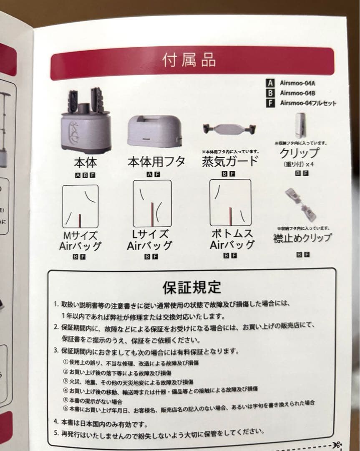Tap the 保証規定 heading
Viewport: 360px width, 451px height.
191,287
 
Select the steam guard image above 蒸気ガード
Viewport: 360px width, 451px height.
229,129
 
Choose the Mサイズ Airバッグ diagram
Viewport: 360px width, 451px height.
80,207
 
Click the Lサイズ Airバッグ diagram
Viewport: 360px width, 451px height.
152,204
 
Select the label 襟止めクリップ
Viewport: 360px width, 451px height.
302,238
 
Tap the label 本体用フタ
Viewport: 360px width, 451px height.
156,162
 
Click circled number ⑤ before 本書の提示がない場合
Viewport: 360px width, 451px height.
65,400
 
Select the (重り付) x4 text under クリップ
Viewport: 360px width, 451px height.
298,164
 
